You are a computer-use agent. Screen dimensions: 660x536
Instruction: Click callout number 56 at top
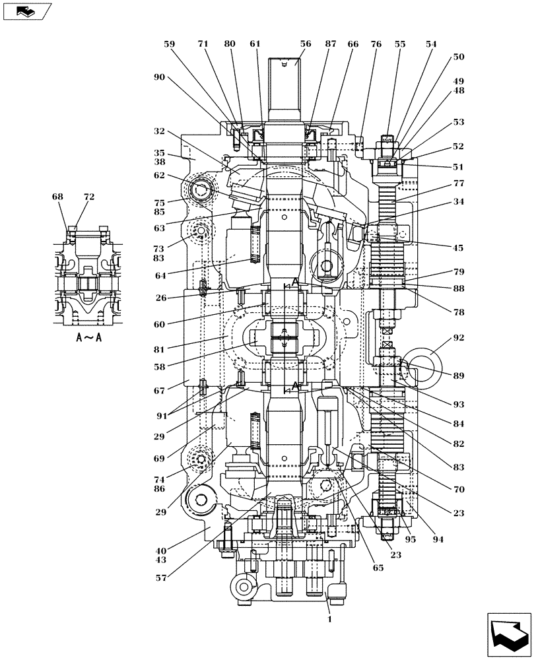305,44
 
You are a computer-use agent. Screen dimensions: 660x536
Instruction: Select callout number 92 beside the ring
458,337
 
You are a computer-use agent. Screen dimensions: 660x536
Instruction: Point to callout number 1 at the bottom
329,619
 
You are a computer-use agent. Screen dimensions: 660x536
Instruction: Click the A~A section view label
88,337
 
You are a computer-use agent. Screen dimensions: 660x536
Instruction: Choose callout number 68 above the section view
59,197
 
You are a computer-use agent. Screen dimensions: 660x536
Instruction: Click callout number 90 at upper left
159,77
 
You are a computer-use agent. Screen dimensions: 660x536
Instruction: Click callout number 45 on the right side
458,248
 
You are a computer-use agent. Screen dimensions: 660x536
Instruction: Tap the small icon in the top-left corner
25,11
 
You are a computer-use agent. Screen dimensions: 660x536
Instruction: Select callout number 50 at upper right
458,57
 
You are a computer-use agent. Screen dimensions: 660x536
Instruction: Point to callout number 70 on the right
458,490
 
